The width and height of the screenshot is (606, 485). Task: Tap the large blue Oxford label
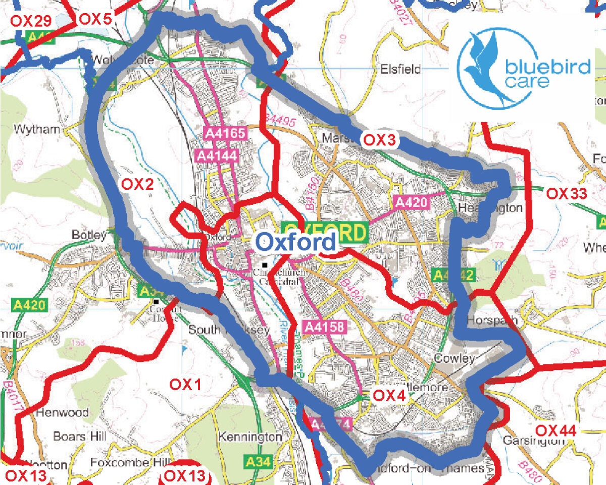295,243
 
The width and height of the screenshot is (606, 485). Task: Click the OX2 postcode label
136,185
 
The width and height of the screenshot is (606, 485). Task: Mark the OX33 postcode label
566,193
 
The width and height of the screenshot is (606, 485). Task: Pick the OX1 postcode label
185,385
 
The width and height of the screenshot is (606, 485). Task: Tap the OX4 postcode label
389,396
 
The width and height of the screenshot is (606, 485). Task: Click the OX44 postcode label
555,430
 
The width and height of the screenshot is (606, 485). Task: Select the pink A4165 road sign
226,133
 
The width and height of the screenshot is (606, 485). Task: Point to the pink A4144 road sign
215,155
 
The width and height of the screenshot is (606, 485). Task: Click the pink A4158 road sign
324,327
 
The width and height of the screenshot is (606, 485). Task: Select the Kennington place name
250,437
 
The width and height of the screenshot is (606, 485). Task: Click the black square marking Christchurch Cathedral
265,265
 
